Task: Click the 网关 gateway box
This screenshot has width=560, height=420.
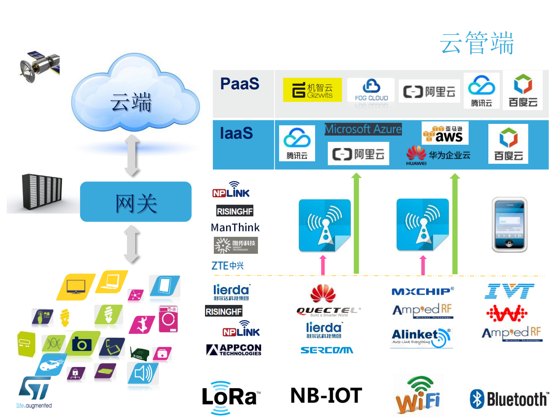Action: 136,202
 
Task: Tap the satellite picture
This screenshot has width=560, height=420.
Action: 39,66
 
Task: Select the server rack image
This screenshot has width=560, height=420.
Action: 42,192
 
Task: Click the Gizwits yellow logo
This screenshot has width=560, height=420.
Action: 312,90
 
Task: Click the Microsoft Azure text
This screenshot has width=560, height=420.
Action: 363,129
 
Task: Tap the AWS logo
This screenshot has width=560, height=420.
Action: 445,133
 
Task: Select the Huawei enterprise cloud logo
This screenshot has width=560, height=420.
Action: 438,155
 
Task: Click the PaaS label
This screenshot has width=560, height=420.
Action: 240,84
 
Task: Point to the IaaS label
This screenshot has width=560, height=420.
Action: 236,133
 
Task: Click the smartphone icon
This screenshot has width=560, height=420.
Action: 509,225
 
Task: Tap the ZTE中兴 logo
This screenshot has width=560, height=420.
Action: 228,266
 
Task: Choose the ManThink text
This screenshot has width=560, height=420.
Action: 235,228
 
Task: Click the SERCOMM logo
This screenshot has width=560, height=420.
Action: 327,350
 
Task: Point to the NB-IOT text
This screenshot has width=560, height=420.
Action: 326,395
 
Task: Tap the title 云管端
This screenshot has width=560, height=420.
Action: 477,43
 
